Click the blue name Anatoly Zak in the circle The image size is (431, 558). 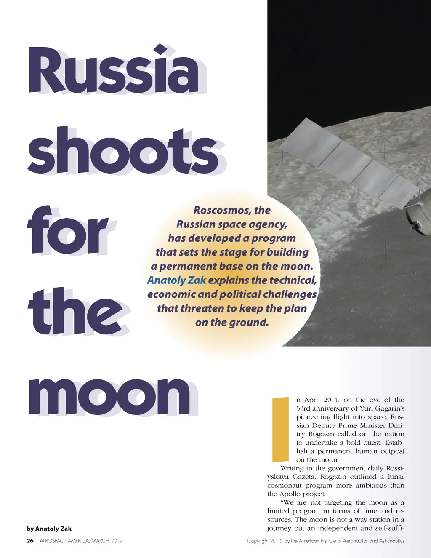176,280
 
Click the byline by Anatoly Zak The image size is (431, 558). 49,529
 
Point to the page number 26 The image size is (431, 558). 30,541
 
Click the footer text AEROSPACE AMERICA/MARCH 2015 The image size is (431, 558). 80,541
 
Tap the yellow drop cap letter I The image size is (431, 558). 280,429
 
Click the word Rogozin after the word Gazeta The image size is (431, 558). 334,477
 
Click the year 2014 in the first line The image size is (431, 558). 331,400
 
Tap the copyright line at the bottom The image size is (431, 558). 325,541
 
